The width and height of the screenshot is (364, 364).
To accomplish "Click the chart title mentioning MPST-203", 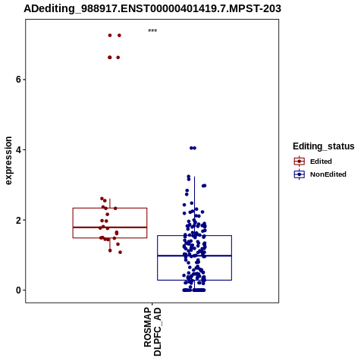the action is [152, 9].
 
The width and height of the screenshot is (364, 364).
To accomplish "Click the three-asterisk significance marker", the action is [152, 30].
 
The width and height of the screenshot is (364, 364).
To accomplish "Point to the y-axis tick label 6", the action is [18, 80].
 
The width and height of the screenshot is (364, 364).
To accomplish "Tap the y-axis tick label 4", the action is [18, 149].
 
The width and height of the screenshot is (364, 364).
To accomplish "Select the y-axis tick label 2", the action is [18, 220].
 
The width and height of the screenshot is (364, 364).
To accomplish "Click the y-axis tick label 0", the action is [18, 290].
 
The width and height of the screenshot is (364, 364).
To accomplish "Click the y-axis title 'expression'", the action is [8, 161].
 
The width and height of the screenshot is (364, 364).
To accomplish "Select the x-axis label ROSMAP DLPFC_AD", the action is [152, 331].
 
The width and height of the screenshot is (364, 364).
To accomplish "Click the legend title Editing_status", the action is [324, 146].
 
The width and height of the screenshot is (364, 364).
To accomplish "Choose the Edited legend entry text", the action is [321, 162].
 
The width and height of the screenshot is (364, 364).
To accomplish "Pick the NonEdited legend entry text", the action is [328, 174].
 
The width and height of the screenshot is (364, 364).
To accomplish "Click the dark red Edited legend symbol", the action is [300, 162].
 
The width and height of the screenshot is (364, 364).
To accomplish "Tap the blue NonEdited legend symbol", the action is [300, 174].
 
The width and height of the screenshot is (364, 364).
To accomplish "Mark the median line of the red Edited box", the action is [110, 227].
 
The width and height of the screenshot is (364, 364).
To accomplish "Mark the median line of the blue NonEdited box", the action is [194, 256].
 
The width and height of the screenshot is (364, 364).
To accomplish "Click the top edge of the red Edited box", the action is [110, 208].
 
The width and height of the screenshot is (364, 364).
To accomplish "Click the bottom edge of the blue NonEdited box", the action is [194, 280].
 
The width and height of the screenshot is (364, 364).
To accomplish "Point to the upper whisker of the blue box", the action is [194, 206].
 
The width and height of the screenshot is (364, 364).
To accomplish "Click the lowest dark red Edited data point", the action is [120, 253].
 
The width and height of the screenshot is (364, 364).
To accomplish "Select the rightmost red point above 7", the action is [119, 36].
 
